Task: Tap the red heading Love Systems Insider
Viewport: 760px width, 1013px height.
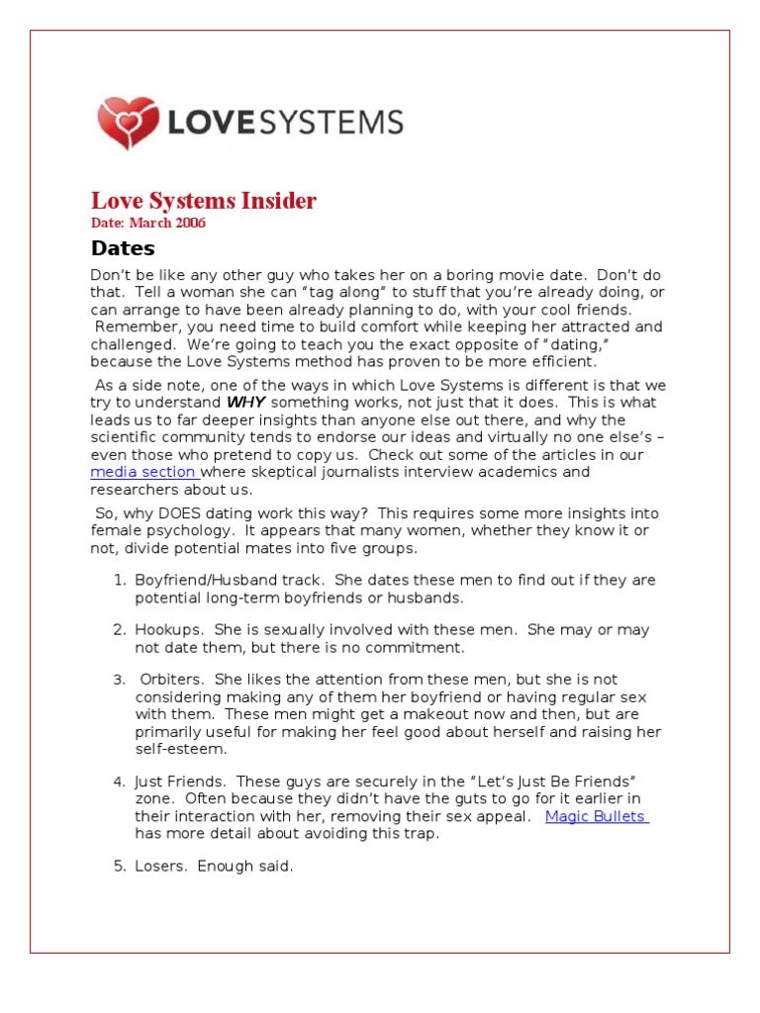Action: (x=204, y=201)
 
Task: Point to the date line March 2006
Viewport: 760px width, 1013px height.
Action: (x=148, y=223)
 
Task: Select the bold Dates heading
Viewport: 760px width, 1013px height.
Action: (x=123, y=248)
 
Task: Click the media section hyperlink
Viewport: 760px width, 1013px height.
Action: (x=143, y=472)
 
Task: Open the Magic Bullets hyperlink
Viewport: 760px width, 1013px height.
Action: (x=596, y=816)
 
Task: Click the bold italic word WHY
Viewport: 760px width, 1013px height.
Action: (x=246, y=402)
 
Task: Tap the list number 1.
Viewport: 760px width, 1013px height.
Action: (x=118, y=580)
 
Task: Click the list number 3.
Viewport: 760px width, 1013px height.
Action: (x=118, y=679)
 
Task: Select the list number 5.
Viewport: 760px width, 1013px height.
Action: (x=118, y=866)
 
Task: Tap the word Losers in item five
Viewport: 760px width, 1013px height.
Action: (x=161, y=866)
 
